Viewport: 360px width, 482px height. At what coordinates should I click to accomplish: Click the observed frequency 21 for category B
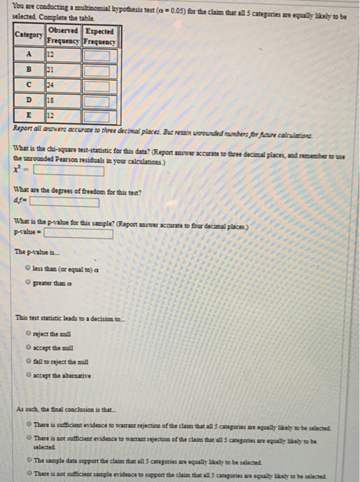point(51,68)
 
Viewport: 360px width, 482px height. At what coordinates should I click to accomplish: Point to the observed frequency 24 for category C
point(51,84)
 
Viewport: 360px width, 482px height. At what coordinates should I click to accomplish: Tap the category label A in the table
point(28,53)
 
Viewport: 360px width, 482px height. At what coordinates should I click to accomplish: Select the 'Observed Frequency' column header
point(63,36)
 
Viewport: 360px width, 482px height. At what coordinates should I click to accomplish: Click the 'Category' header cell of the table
point(29,35)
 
